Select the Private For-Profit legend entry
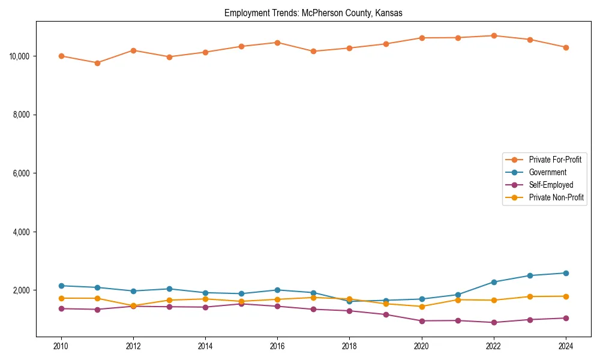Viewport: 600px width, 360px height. [555, 160]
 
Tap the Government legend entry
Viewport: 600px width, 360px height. [548, 172]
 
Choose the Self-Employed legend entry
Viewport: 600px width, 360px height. [551, 185]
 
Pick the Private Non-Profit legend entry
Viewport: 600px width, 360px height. [556, 197]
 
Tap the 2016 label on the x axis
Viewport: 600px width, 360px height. [277, 346]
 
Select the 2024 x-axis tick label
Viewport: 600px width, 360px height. [566, 346]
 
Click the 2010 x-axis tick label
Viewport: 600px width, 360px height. [61, 346]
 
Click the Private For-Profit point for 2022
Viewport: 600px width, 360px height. [494, 35]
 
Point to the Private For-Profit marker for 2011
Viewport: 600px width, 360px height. [97, 63]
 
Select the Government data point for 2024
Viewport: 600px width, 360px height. [566, 273]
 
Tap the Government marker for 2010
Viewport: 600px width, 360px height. [61, 286]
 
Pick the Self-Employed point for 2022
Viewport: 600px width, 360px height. [494, 322]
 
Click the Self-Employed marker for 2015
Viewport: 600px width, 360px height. [241, 304]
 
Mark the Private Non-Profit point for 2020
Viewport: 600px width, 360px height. [422, 307]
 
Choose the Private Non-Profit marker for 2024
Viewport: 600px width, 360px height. [566, 296]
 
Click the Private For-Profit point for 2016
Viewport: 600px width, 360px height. [277, 43]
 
